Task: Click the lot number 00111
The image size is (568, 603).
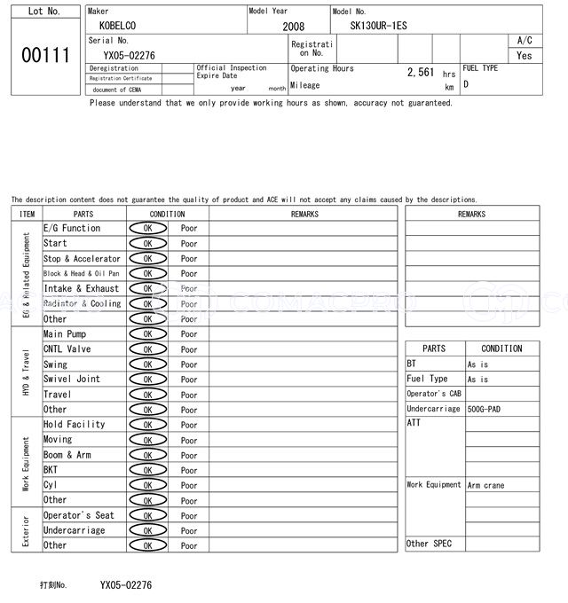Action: click(45, 55)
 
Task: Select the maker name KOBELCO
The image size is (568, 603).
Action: click(118, 26)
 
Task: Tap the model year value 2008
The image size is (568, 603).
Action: click(293, 27)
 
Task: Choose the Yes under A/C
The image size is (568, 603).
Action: click(525, 55)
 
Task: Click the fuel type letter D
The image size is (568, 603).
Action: click(466, 84)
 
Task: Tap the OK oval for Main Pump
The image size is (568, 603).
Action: click(147, 334)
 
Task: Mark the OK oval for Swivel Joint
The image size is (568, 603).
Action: click(147, 380)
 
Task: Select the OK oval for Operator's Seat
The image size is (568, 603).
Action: click(147, 515)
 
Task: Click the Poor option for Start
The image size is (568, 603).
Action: click(189, 244)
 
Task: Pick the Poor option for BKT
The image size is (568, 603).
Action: click(189, 470)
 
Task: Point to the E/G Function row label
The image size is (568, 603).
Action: click(72, 228)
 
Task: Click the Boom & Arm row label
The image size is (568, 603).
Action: click(67, 455)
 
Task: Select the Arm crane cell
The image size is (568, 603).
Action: click(486, 485)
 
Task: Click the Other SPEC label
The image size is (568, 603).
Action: click(429, 544)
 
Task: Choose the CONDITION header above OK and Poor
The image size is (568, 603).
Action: click(167, 214)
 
